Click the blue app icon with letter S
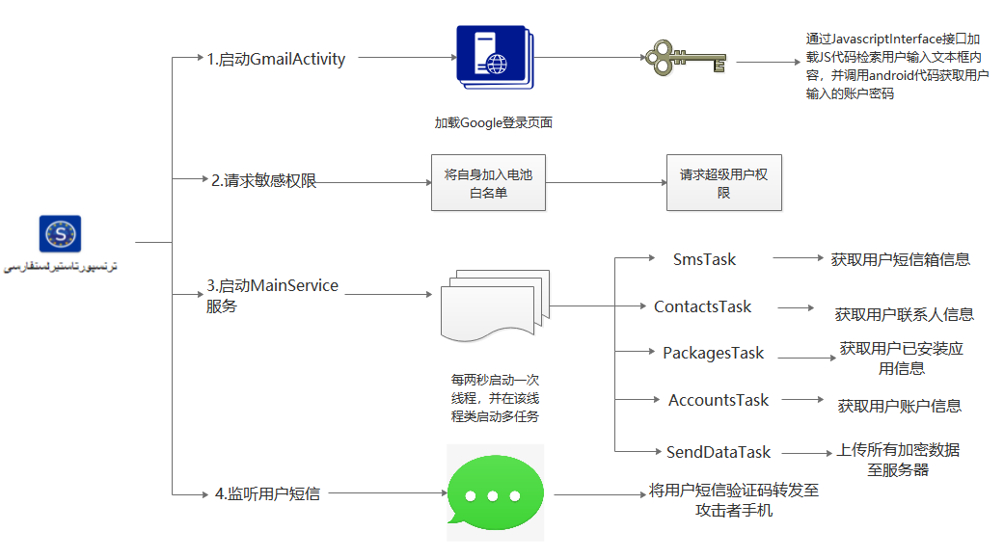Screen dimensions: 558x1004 [60, 234]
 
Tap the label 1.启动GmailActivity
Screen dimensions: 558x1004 [276, 59]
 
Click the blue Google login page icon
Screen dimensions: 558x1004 [495, 63]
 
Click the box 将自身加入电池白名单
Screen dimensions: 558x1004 [488, 183]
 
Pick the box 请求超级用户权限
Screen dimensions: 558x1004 [723, 183]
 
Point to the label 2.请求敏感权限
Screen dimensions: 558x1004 [264, 180]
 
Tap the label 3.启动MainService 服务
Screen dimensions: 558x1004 [272, 296]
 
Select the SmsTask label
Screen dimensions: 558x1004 [704, 259]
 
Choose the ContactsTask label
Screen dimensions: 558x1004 [702, 306]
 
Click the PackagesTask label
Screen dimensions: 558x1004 [713, 353]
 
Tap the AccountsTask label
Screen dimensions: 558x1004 [719, 400]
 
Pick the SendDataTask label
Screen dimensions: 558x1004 [719, 452]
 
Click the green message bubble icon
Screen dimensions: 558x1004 [495, 492]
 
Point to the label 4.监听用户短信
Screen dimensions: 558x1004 [267, 493]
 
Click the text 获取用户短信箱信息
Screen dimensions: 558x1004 [900, 259]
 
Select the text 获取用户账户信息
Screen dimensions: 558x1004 [899, 406]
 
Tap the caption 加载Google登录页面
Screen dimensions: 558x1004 [493, 123]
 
